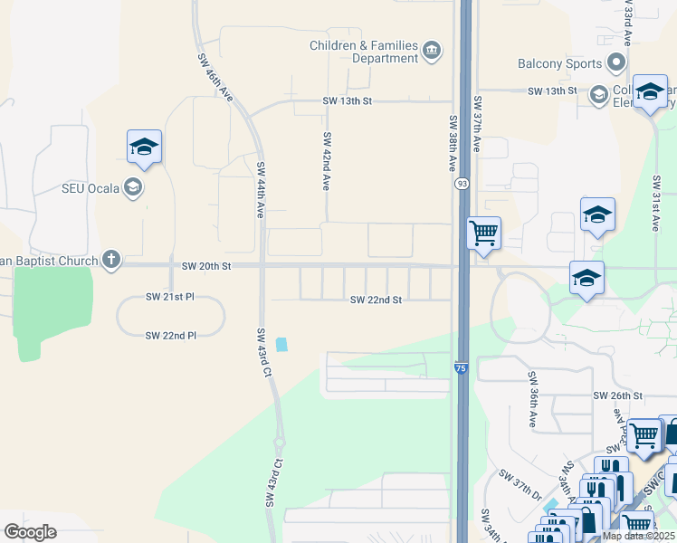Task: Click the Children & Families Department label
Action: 364,52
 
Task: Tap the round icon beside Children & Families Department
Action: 432,51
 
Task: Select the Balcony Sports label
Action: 559,63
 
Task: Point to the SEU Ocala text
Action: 91,187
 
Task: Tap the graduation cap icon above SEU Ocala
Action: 144,147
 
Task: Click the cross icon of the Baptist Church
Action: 110,260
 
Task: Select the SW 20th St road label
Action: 207,266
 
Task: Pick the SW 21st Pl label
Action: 171,297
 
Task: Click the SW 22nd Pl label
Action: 171,335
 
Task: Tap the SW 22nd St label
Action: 376,300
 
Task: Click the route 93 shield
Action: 462,184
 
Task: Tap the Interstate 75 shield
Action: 462,367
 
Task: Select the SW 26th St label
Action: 617,395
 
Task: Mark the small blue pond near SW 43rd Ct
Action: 281,344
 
